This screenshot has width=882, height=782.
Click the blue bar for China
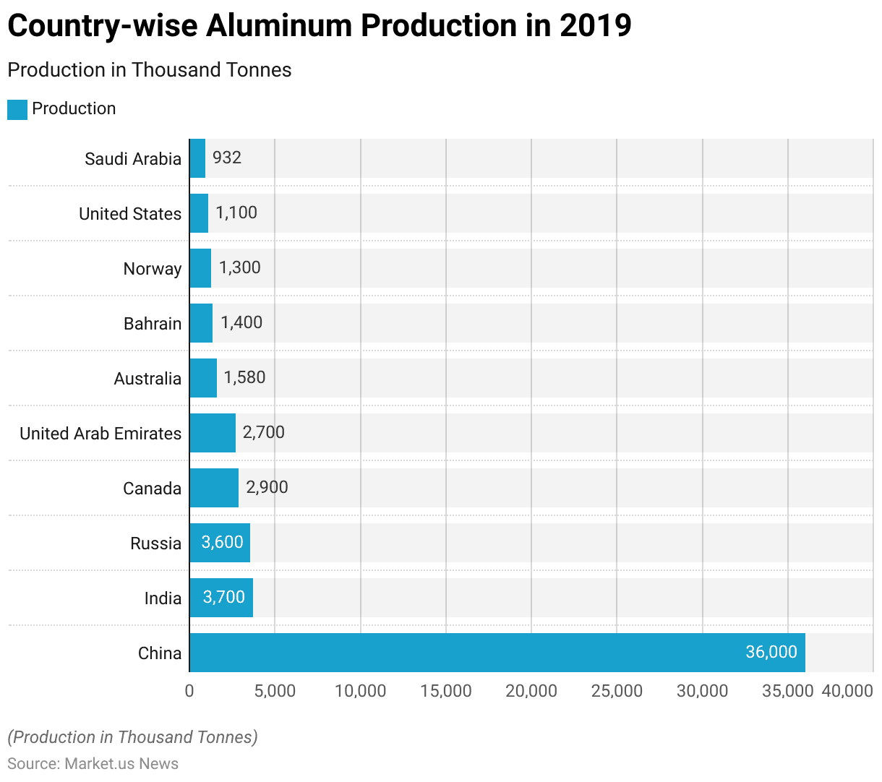click(497, 653)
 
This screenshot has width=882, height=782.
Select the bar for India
click(221, 598)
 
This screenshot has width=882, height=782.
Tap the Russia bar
click(220, 543)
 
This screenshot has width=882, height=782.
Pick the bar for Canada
click(214, 488)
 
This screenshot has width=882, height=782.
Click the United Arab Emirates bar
click(213, 433)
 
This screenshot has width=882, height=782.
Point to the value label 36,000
click(771, 652)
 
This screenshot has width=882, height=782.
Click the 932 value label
click(227, 158)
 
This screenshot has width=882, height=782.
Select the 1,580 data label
click(244, 377)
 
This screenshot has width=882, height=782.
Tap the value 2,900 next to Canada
click(267, 487)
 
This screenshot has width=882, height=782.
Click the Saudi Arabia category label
click(133, 159)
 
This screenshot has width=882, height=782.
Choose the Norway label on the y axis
click(153, 269)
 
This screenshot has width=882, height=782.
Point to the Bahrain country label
click(153, 324)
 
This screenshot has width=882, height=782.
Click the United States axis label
click(130, 214)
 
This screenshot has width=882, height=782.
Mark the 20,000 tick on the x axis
click(531, 691)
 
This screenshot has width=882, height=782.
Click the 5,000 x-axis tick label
click(275, 691)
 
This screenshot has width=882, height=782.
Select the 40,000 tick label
click(847, 691)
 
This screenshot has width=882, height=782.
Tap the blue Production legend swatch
click(17, 110)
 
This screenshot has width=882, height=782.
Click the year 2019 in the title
click(595, 26)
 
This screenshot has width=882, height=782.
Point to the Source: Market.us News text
click(93, 764)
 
